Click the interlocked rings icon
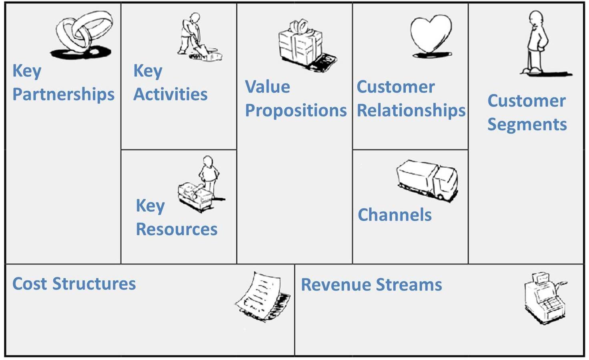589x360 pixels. tap(83, 34)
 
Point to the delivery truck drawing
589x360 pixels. tap(427, 180)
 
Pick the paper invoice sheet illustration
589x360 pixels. tap(262, 296)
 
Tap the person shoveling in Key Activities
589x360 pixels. tap(196, 38)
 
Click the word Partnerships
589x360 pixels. tap(64, 95)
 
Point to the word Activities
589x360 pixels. tap(170, 95)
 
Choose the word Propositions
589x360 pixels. tap(296, 111)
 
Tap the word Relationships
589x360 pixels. tap(411, 111)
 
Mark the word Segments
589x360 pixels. tap(527, 124)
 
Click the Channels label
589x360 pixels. tap(395, 215)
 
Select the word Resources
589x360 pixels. tap(176, 229)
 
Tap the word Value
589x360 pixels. tap(267, 87)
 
